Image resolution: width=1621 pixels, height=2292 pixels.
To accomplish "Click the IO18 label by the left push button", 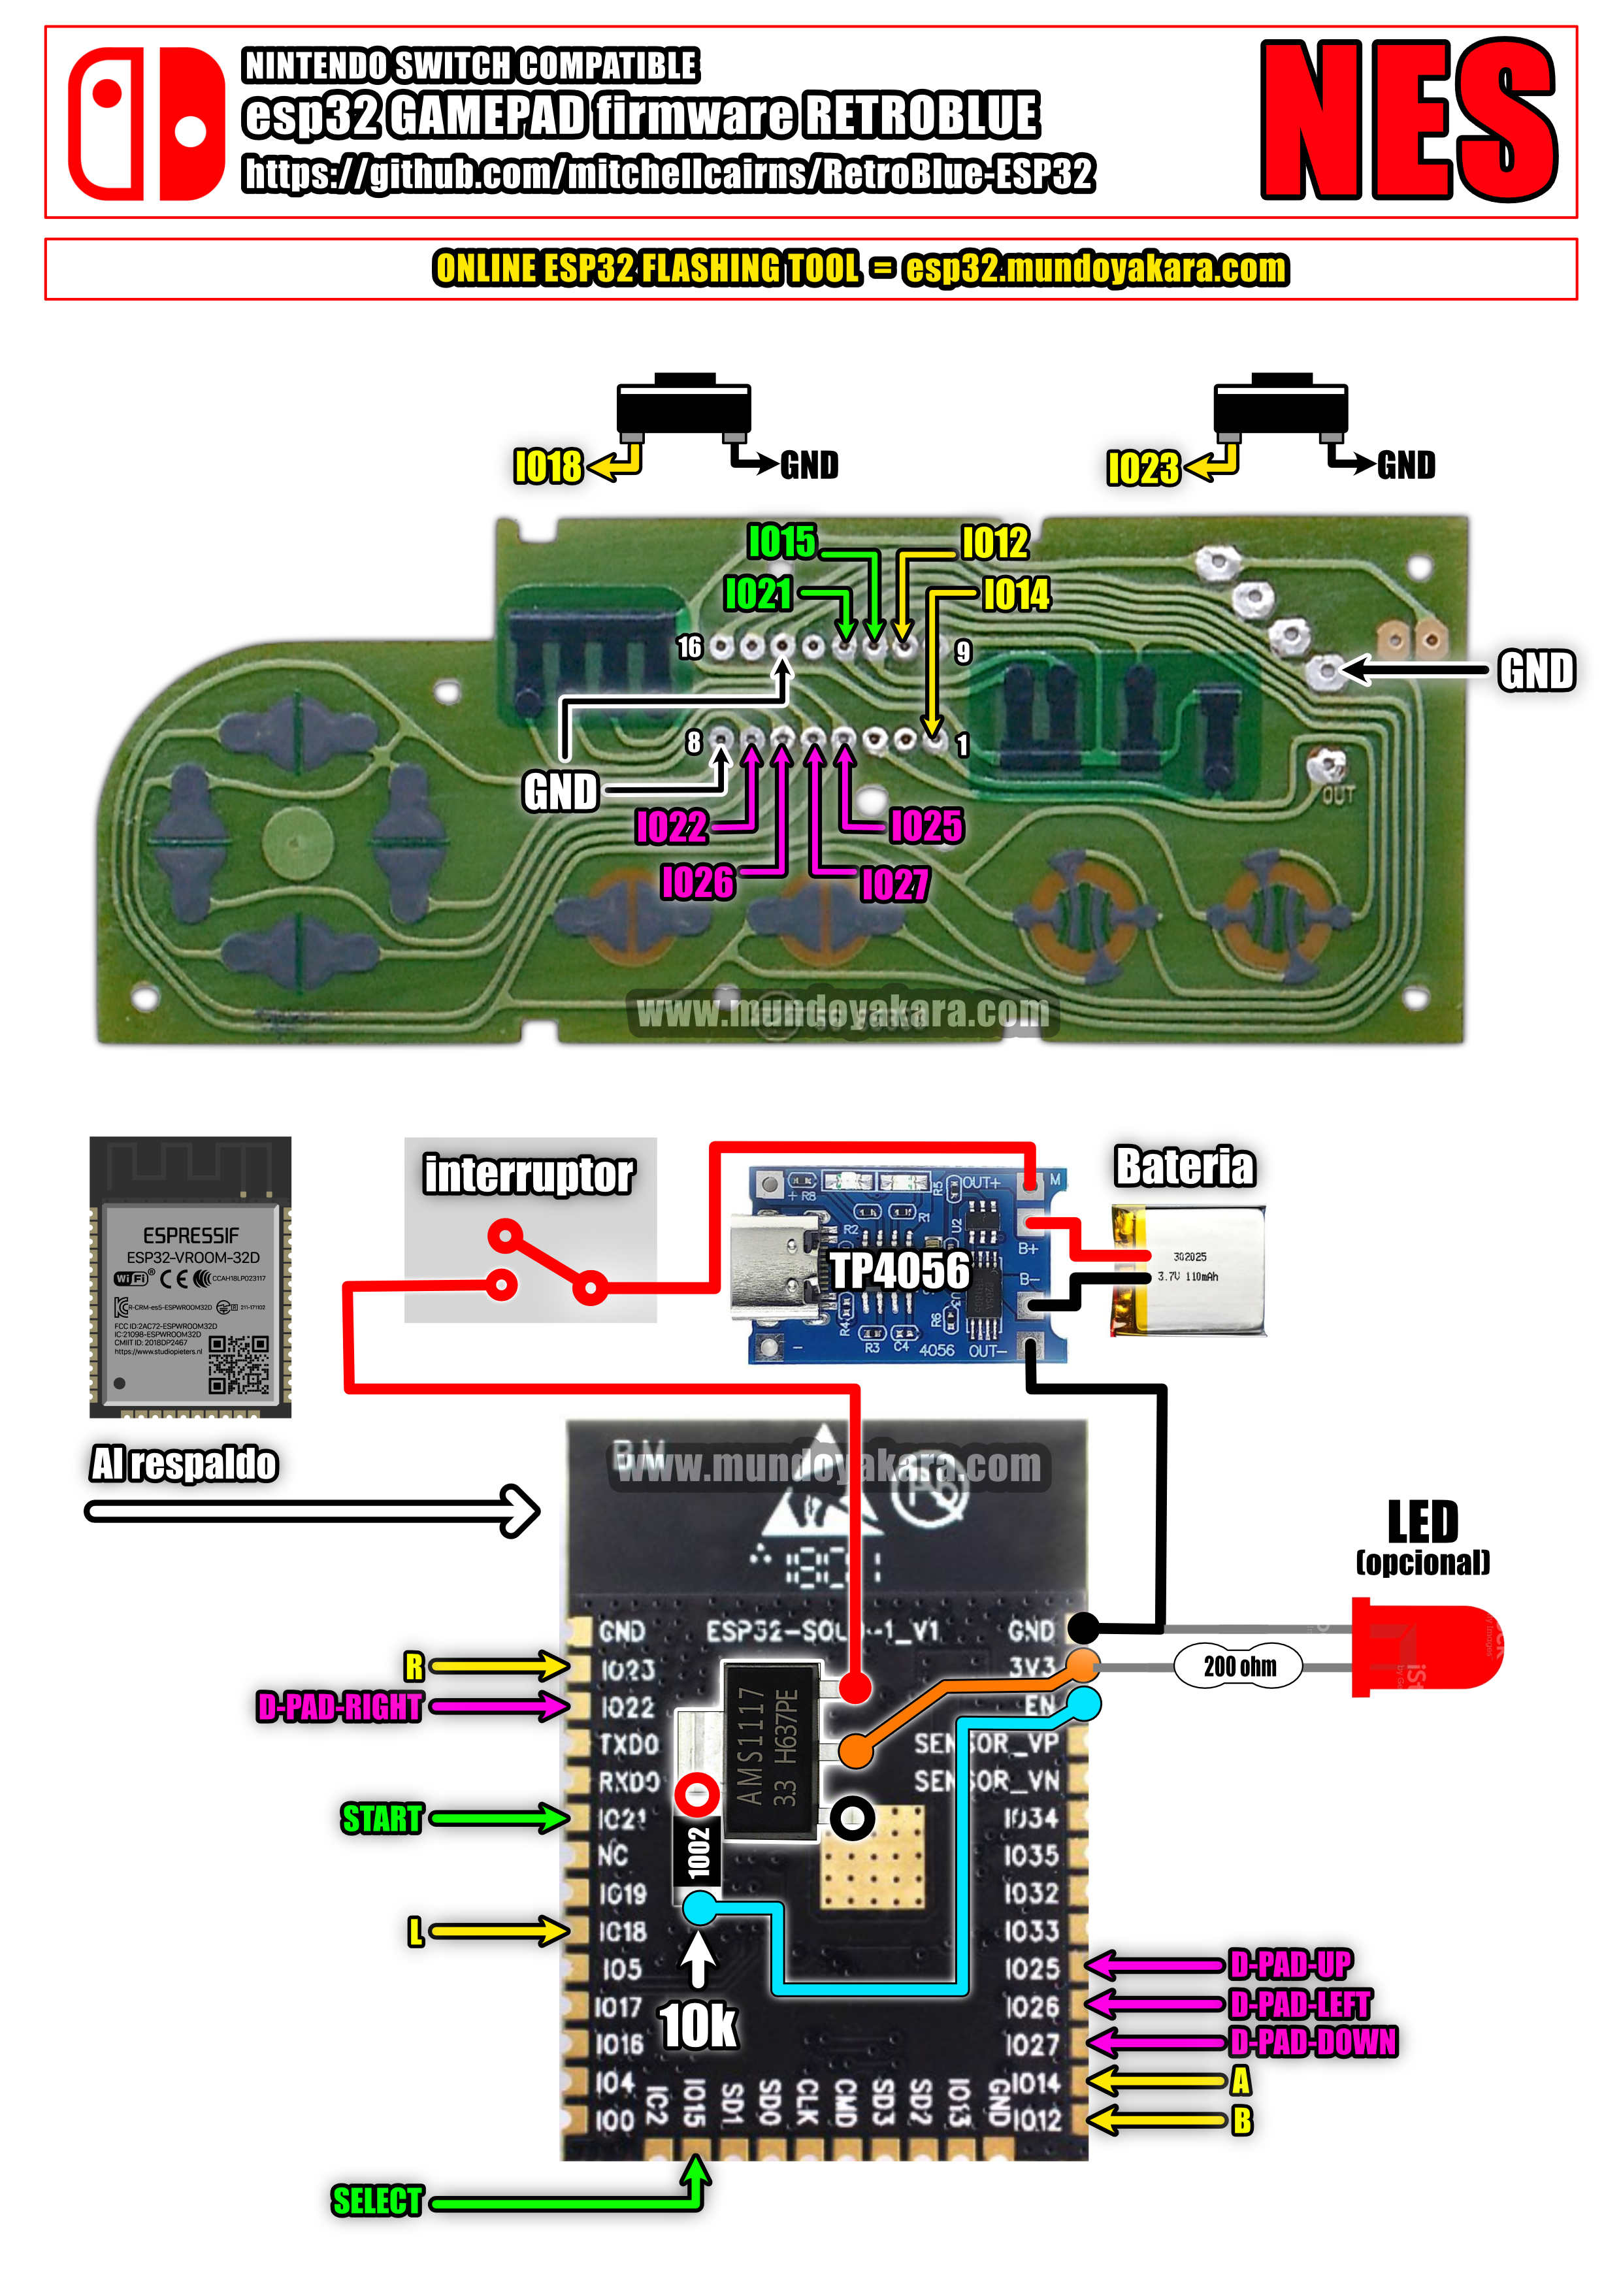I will click(x=547, y=467).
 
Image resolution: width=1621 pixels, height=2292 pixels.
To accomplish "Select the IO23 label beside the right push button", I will click(x=1142, y=467).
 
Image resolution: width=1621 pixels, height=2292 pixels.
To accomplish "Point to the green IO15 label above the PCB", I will click(x=781, y=542).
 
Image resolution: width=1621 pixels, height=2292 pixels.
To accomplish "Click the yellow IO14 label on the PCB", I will click(x=1016, y=595).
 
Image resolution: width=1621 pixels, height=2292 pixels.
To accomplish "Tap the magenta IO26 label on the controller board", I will click(x=696, y=883).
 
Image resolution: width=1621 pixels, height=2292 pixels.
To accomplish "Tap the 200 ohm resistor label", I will click(x=1239, y=1666).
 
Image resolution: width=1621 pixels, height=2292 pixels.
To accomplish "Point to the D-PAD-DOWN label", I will click(x=1313, y=2042).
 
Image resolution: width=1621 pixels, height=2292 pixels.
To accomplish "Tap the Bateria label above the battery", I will click(x=1184, y=1166).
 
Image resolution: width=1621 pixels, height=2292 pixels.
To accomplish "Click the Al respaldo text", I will click(x=184, y=1464).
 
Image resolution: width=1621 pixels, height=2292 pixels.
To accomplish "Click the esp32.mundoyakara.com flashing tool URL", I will click(x=1095, y=269).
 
